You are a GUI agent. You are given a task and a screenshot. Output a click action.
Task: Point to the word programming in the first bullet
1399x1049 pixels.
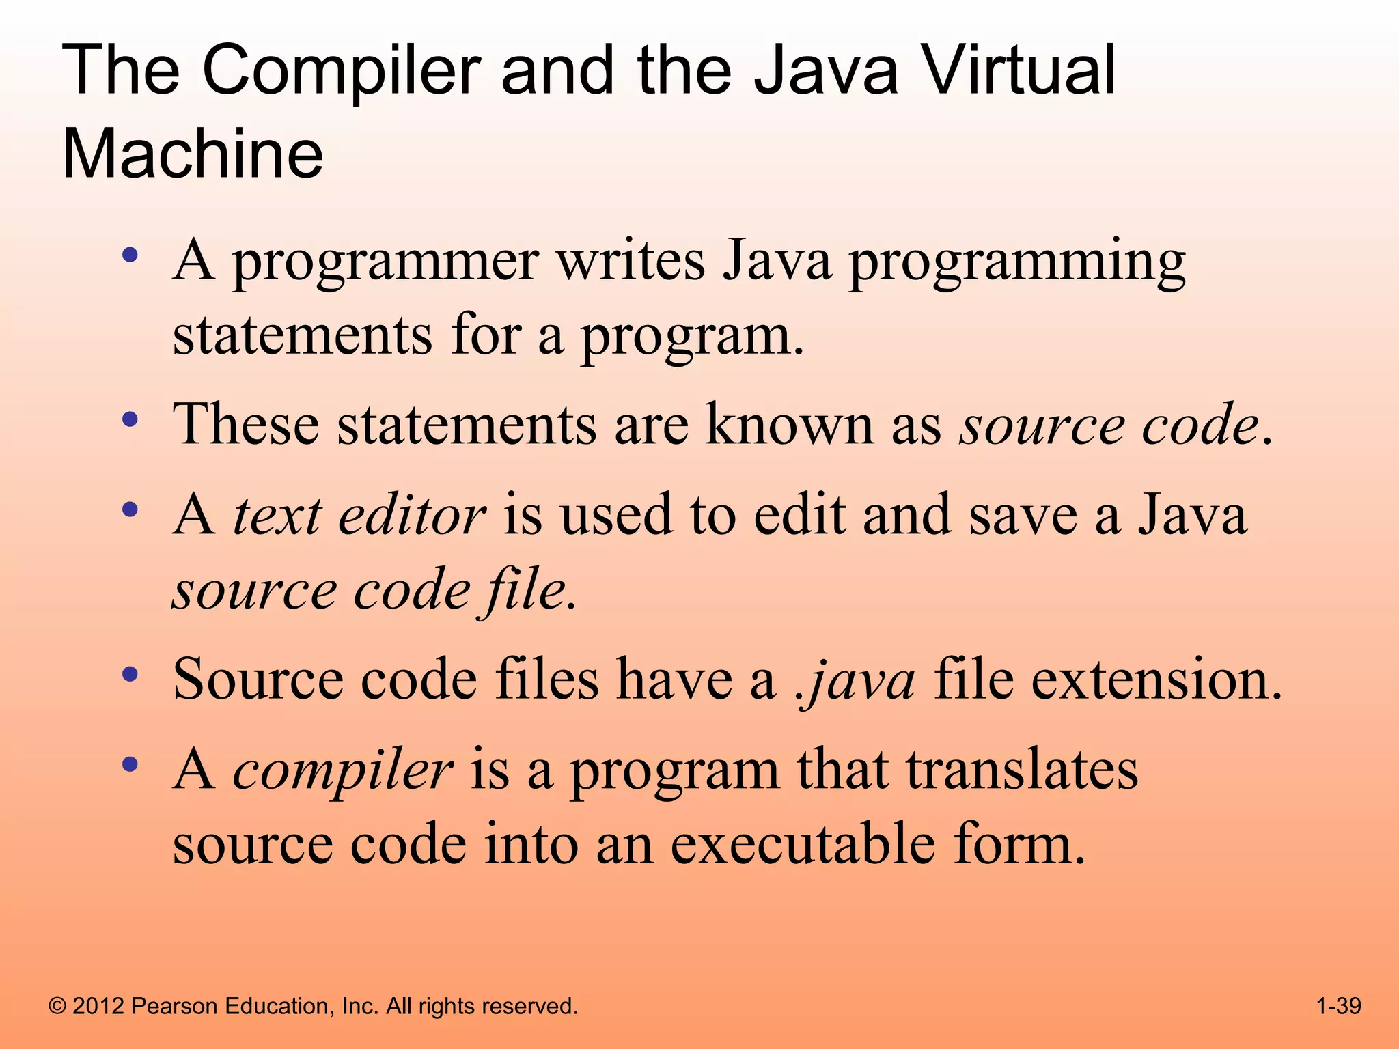tap(1017, 263)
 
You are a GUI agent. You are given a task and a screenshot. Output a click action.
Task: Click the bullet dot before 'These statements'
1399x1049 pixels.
tap(130, 418)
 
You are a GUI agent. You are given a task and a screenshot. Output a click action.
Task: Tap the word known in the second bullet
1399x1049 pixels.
tap(790, 424)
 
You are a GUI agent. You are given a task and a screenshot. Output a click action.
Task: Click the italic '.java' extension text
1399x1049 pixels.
tap(856, 680)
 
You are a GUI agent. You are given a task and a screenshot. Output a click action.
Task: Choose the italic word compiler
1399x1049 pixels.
tap(342, 770)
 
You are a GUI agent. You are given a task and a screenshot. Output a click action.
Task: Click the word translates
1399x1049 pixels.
tap(1022, 769)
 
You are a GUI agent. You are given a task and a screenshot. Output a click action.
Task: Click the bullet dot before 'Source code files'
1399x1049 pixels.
tap(130, 674)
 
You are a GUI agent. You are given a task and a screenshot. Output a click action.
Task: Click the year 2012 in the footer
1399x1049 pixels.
tap(98, 1006)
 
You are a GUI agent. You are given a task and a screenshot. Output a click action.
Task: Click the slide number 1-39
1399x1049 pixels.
tap(1338, 1006)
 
